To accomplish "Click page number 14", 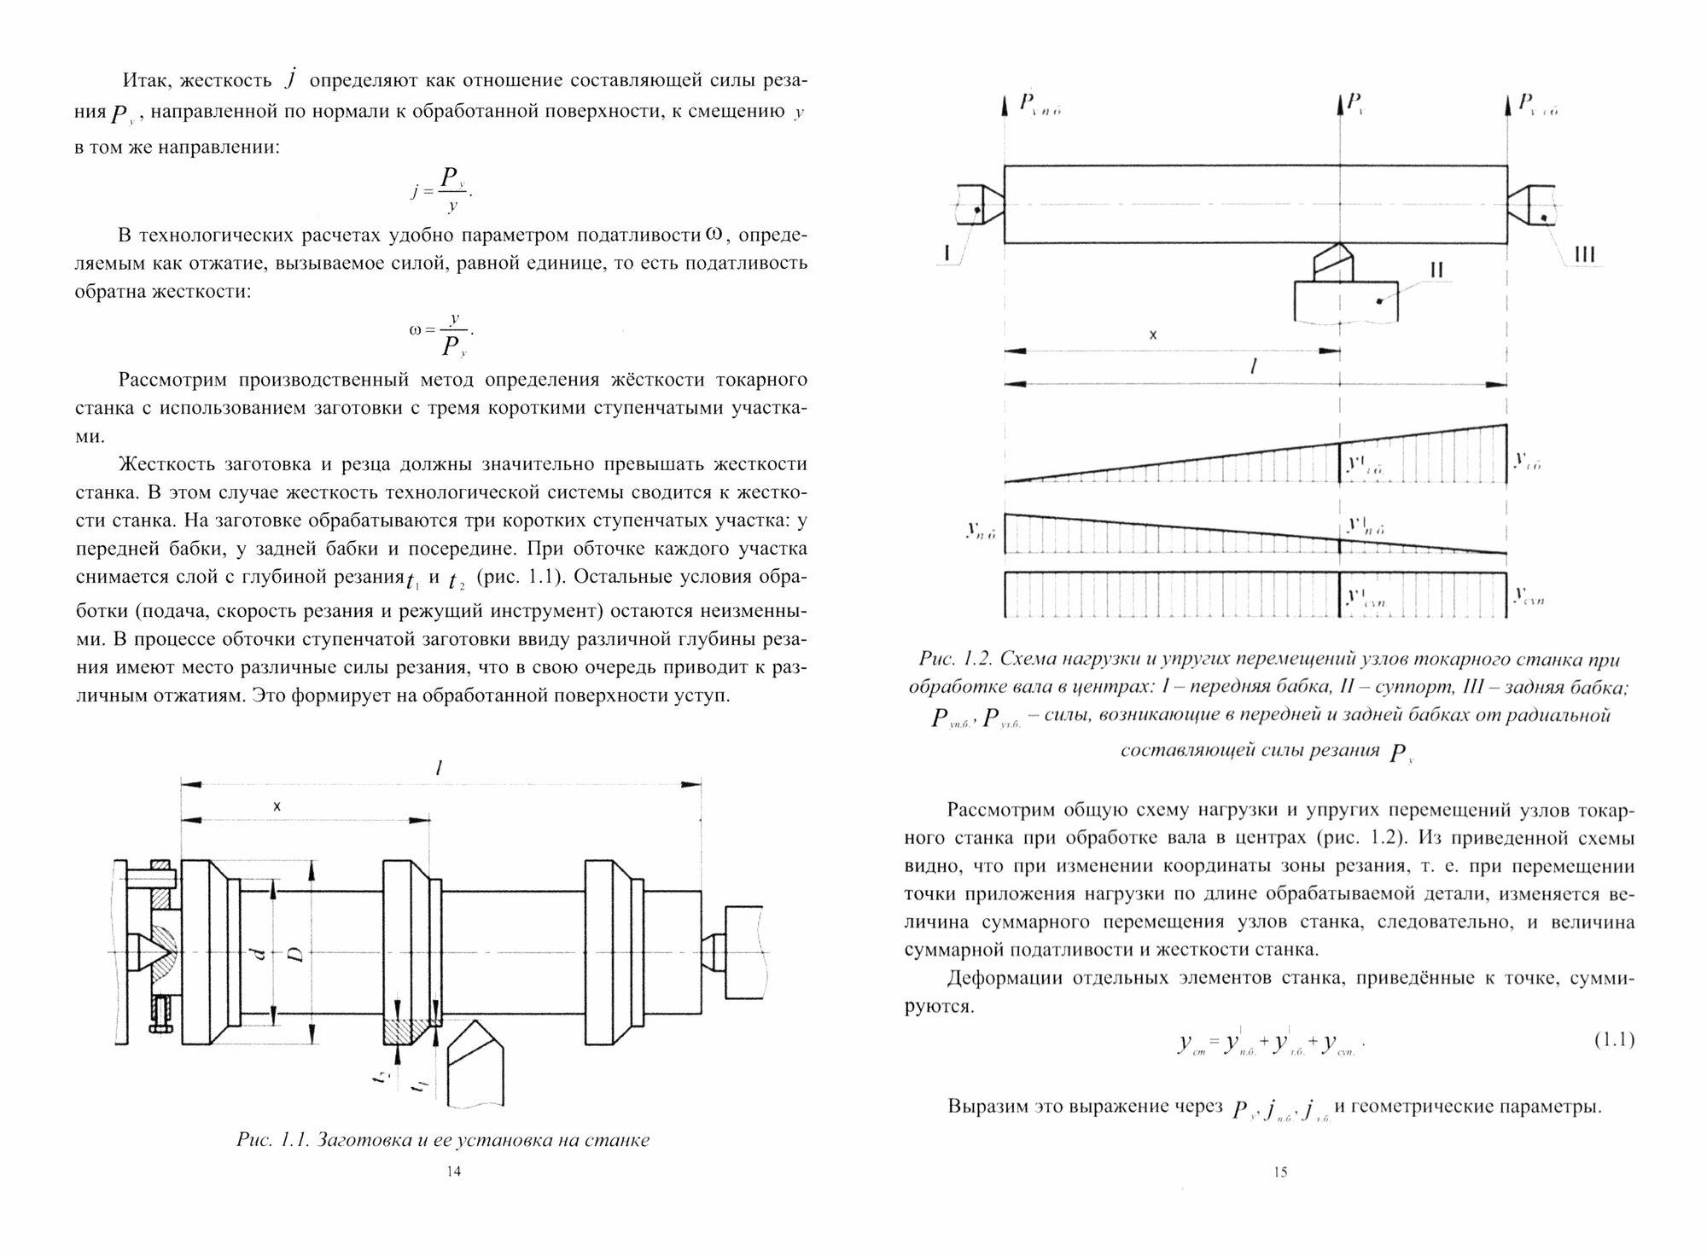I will click(454, 1172).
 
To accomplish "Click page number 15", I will click(1279, 1172).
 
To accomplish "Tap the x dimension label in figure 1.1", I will click(277, 805).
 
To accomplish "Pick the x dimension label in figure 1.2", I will click(1152, 335).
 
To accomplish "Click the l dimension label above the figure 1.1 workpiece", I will click(438, 767).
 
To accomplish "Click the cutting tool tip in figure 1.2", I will click(1339, 247).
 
